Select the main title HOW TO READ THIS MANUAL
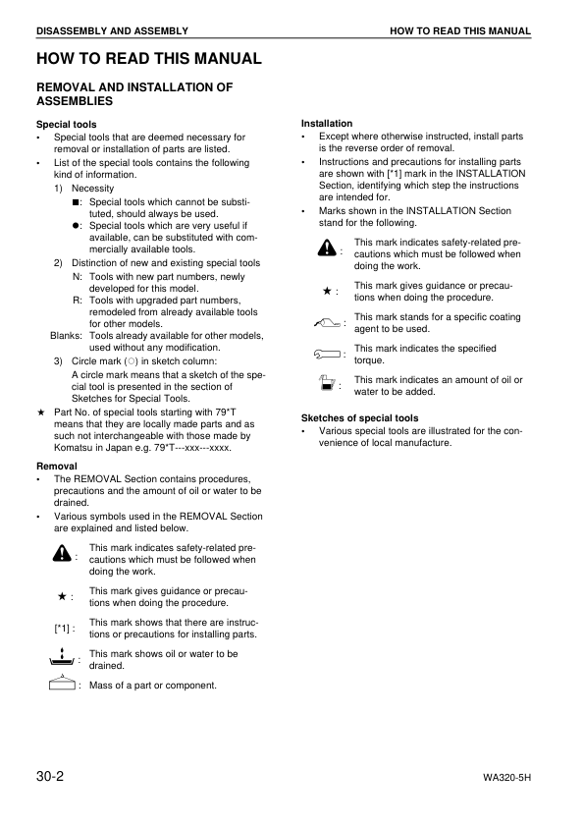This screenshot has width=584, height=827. point(148,59)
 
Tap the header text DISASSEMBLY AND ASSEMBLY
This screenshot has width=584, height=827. point(112,31)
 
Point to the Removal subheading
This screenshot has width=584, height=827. point(57,465)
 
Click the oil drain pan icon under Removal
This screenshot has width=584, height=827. point(61,657)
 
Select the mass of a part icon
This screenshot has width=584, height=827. point(61,684)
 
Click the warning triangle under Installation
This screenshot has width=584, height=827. point(327,249)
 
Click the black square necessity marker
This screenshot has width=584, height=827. point(77,200)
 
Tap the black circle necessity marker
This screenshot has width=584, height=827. point(77,225)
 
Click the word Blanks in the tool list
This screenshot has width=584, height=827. point(66,336)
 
